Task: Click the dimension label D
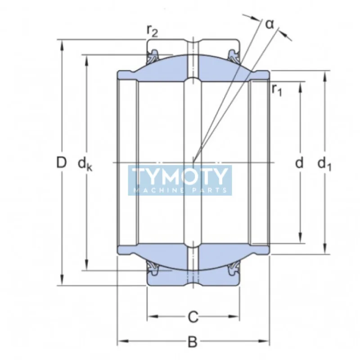click(61, 162)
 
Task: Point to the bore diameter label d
click(300, 162)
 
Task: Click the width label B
click(193, 342)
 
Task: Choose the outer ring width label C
click(193, 317)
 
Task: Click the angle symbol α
click(270, 23)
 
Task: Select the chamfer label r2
click(152, 31)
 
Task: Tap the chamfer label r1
click(277, 90)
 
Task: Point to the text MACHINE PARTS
click(180, 190)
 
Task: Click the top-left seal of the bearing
click(153, 57)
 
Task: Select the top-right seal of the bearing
click(233, 57)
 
